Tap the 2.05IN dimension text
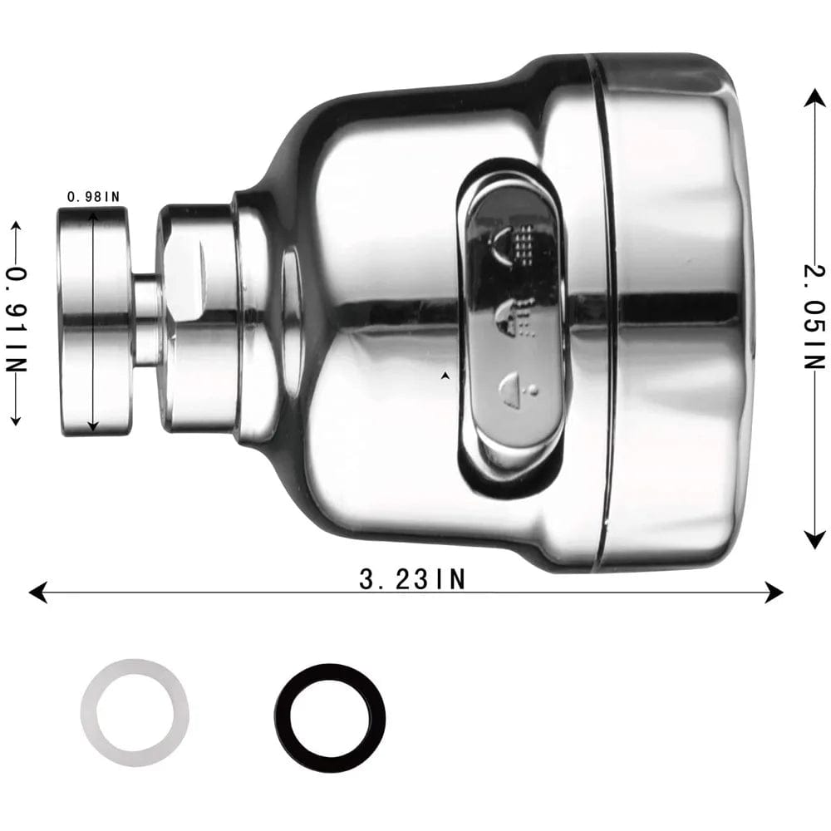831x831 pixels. coord(816,317)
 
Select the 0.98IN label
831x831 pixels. coord(93,197)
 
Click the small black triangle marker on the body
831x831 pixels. coord(446,376)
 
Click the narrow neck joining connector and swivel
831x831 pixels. coord(147,320)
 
